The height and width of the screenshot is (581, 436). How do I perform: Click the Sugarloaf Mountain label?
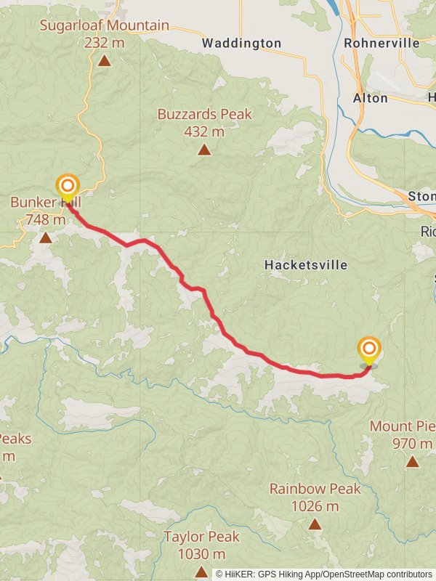pos(105,25)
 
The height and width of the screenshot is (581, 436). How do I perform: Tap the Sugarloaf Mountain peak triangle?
pos(105,60)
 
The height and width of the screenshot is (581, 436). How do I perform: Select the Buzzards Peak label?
pos(205,114)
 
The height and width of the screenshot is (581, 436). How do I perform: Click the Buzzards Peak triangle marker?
pos(205,150)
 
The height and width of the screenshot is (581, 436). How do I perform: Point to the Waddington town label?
pos(241,44)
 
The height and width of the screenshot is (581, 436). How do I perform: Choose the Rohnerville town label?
pos(382,43)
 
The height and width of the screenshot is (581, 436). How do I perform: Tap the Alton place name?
pos(371,98)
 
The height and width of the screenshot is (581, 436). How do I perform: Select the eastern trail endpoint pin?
pos(369,349)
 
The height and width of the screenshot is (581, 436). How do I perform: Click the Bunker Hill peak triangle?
pos(46,237)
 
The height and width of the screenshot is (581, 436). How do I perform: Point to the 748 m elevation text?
pos(45,219)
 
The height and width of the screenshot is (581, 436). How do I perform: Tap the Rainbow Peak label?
pos(315,489)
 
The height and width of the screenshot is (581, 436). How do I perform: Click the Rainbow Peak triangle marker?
pos(315,524)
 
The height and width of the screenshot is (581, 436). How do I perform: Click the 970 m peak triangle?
pos(413,461)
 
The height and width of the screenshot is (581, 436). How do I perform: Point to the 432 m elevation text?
pos(205,131)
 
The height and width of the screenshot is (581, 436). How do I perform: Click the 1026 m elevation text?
pos(315,506)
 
